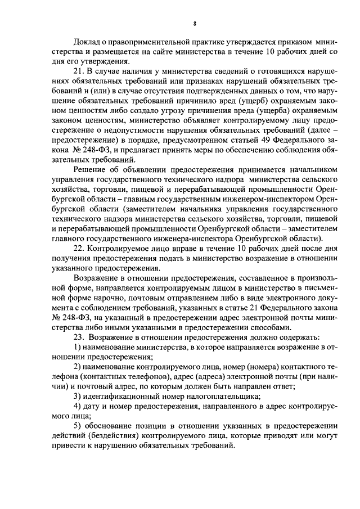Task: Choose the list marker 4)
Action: pos(78,408)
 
